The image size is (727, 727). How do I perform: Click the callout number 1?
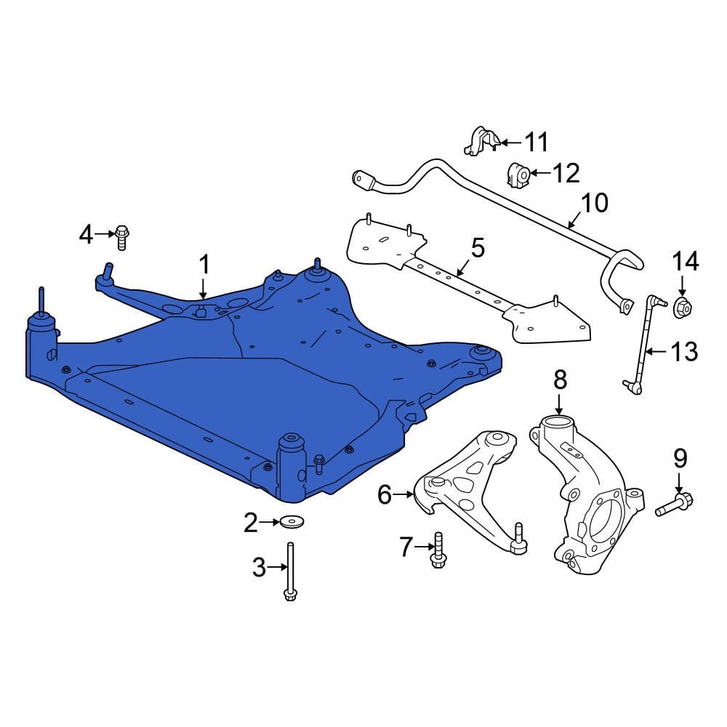204,265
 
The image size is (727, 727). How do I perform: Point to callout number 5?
477,247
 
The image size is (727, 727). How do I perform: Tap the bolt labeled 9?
675,503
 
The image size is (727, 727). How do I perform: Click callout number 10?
595,202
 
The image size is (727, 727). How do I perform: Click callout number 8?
559,378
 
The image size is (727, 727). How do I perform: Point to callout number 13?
683,353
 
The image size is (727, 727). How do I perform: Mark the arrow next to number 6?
404,496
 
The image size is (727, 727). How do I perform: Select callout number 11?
537,142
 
